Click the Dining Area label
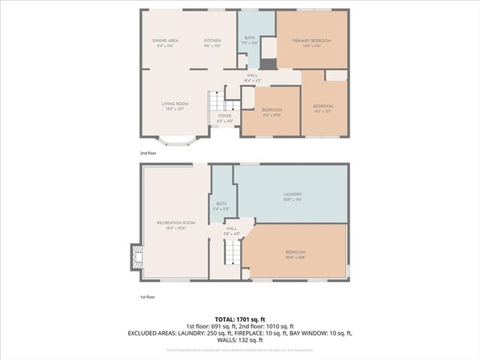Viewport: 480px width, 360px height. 165,42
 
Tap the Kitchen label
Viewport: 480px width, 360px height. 213,42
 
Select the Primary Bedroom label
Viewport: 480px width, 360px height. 312,42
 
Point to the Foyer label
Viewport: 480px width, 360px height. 225,117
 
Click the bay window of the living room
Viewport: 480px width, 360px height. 175,139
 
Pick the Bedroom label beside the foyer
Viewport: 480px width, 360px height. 271,111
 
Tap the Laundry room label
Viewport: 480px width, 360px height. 292,196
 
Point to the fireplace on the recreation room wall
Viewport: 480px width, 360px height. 136,257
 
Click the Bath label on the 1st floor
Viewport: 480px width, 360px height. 220,205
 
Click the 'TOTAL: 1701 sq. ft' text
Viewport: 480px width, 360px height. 239,320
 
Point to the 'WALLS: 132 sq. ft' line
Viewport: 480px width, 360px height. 239,339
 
